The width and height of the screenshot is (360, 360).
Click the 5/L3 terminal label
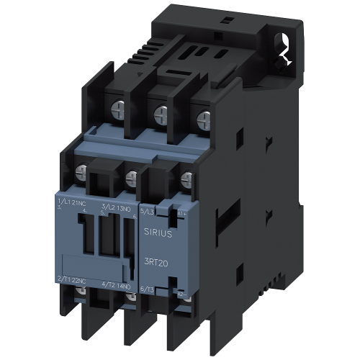point(146,211)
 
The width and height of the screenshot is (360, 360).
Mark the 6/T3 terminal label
point(146,287)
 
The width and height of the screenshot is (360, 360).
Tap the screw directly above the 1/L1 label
point(81,171)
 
